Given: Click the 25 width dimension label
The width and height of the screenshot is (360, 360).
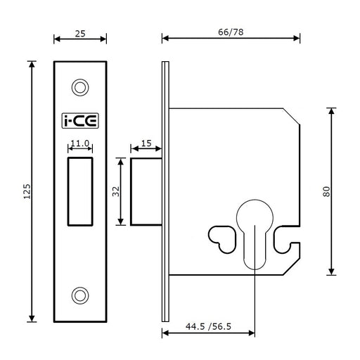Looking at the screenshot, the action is coord(80,34).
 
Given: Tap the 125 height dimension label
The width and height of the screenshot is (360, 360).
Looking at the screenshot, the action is coord(27,191).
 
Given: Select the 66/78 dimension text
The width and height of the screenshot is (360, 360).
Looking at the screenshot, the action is coord(231,32).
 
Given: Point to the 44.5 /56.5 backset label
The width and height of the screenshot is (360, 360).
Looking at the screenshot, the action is coord(208,326).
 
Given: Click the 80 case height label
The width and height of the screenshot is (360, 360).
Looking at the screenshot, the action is coord(326,191).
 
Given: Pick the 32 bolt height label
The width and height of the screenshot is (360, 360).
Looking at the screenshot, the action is coord(116,191).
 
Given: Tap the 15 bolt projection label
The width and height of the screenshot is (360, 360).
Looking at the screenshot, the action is coord(146,143).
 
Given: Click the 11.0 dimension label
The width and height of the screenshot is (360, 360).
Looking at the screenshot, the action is coord(80,143).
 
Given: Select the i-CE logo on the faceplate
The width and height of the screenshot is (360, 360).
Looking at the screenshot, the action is coord(80,121).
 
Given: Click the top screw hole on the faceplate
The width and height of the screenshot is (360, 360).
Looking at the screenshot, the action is coord(80,87).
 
